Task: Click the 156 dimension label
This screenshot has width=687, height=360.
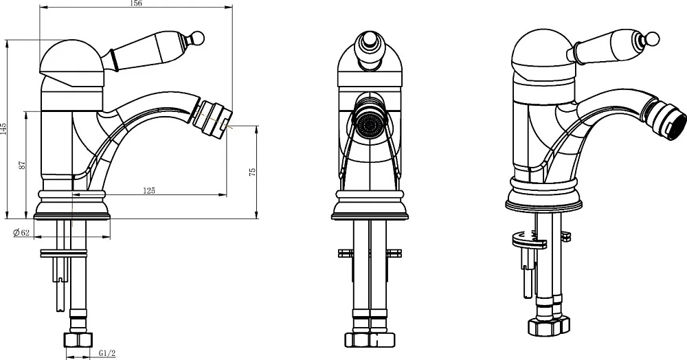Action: click(136, 3)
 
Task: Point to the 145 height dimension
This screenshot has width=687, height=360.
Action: click(3, 128)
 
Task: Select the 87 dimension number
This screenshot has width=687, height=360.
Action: click(23, 165)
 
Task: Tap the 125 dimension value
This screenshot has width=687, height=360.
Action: click(149, 190)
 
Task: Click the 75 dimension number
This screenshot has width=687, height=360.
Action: click(252, 172)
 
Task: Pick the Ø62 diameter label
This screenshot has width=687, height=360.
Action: click(21, 232)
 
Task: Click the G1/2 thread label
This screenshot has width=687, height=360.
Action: click(106, 352)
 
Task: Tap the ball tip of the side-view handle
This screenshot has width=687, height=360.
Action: click(198, 38)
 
